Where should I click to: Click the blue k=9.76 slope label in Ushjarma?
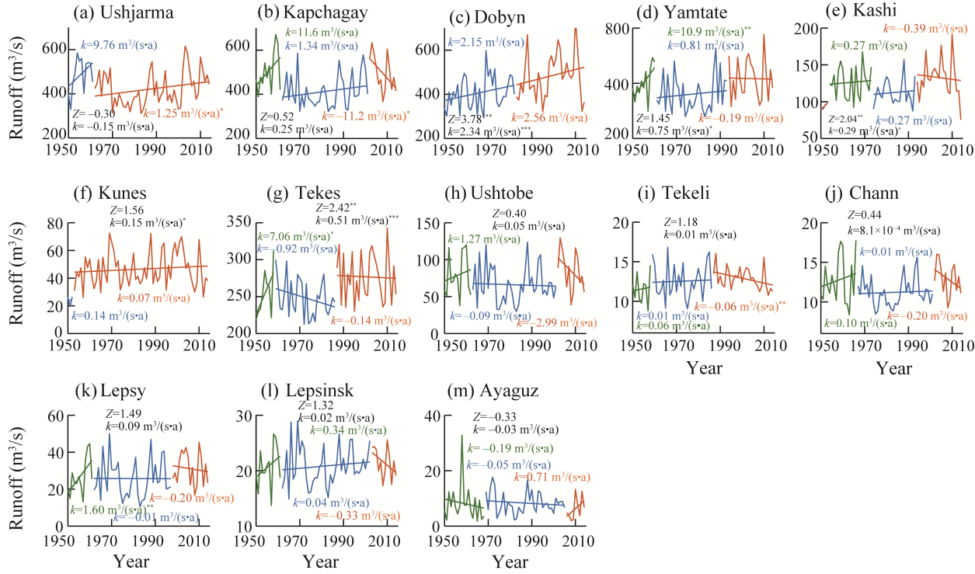tap(120, 47)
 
